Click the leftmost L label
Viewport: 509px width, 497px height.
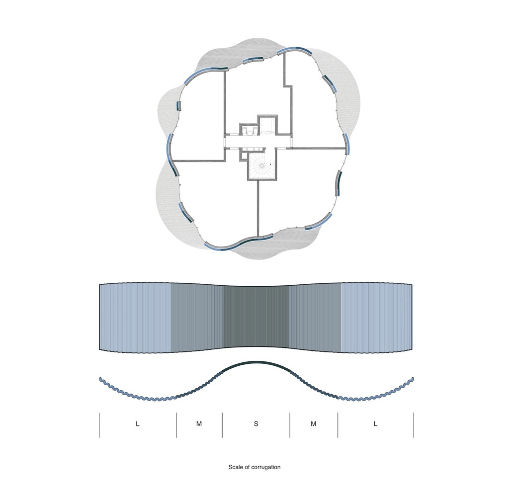pyautogui.click(x=138, y=423)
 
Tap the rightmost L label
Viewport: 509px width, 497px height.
pyautogui.click(x=376, y=423)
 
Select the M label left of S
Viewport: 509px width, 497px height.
pyautogui.click(x=199, y=423)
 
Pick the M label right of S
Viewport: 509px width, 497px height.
pyautogui.click(x=313, y=423)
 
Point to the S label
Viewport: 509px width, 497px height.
pyautogui.click(x=256, y=423)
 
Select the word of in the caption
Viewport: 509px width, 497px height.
pyautogui.click(x=247, y=467)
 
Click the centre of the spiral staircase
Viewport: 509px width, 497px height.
pyautogui.click(x=262, y=166)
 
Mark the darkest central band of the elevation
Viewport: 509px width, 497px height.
pyautogui.click(x=256, y=318)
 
